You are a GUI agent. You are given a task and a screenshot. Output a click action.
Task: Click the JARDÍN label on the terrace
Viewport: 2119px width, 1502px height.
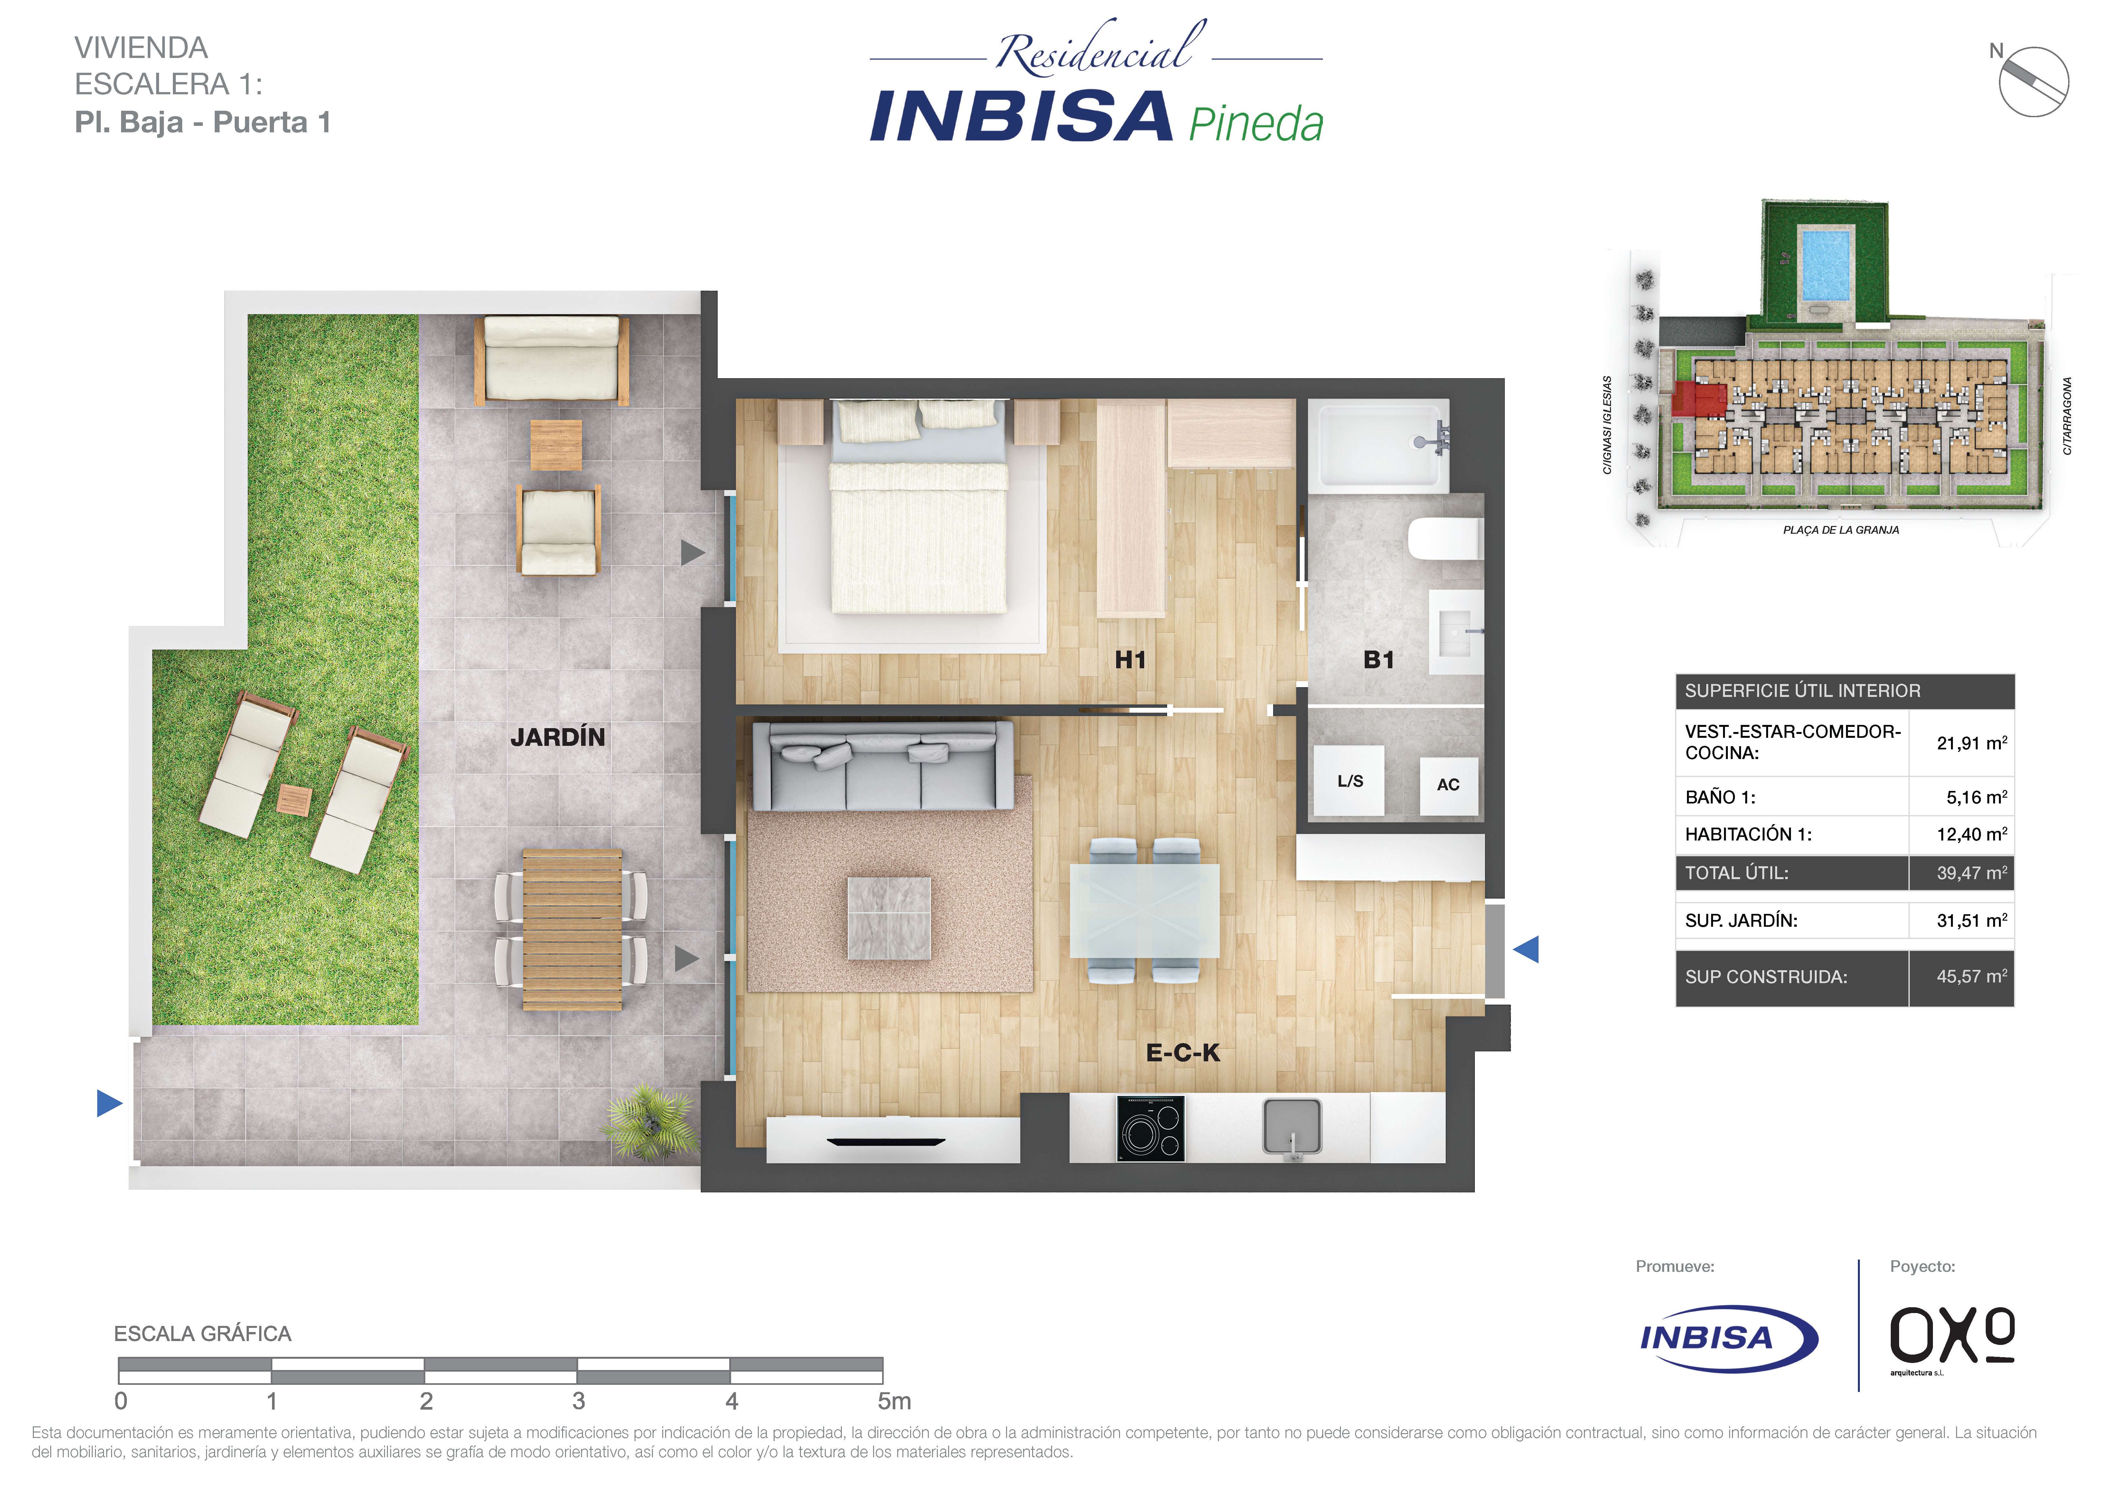pyautogui.click(x=558, y=737)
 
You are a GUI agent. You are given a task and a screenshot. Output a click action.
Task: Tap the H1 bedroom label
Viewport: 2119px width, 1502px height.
pyautogui.click(x=1130, y=660)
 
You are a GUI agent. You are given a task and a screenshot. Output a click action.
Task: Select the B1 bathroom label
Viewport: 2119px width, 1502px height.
pyautogui.click(x=1378, y=660)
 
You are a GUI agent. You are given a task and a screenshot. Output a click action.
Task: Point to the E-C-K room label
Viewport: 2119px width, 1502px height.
pyautogui.click(x=1183, y=1053)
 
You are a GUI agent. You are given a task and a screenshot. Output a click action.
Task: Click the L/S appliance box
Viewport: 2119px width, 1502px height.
pyautogui.click(x=1350, y=782)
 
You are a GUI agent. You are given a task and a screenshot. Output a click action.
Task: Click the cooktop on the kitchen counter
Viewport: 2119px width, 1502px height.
pyautogui.click(x=1151, y=1127)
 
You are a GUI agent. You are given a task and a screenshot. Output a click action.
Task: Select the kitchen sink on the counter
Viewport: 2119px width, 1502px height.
pyautogui.click(x=1292, y=1127)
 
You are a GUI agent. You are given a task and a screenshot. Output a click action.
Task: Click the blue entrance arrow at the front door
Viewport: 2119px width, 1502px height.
pyautogui.click(x=1526, y=949)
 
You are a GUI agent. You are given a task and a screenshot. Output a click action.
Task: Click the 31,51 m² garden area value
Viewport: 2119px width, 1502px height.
pyautogui.click(x=1972, y=920)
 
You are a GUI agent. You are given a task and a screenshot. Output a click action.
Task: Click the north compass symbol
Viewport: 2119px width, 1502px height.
pyautogui.click(x=2033, y=81)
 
